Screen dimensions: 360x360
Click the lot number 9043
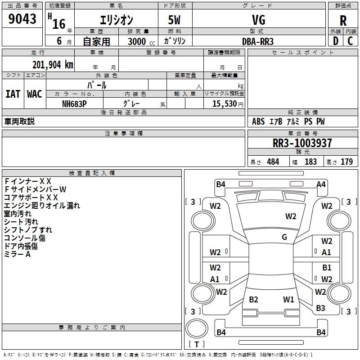click(22, 19)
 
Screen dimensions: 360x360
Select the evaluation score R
click(343, 21)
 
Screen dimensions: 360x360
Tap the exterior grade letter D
click(335, 40)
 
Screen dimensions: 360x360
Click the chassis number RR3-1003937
click(302, 144)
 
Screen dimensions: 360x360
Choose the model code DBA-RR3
click(258, 41)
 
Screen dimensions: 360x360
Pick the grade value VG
click(259, 20)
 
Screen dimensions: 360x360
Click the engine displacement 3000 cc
click(138, 41)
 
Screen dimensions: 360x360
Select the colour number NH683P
click(74, 103)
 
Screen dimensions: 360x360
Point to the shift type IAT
click(13, 94)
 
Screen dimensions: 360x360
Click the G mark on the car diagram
click(284, 237)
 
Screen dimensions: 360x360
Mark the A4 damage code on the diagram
click(321, 184)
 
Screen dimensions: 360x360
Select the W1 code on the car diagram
click(288, 299)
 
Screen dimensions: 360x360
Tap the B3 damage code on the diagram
click(320, 308)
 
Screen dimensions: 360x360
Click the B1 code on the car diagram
click(327, 268)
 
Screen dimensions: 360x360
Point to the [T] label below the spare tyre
click(196, 345)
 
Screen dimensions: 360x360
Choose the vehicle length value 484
click(273, 162)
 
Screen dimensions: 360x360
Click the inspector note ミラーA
click(18, 254)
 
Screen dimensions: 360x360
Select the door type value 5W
click(175, 20)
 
